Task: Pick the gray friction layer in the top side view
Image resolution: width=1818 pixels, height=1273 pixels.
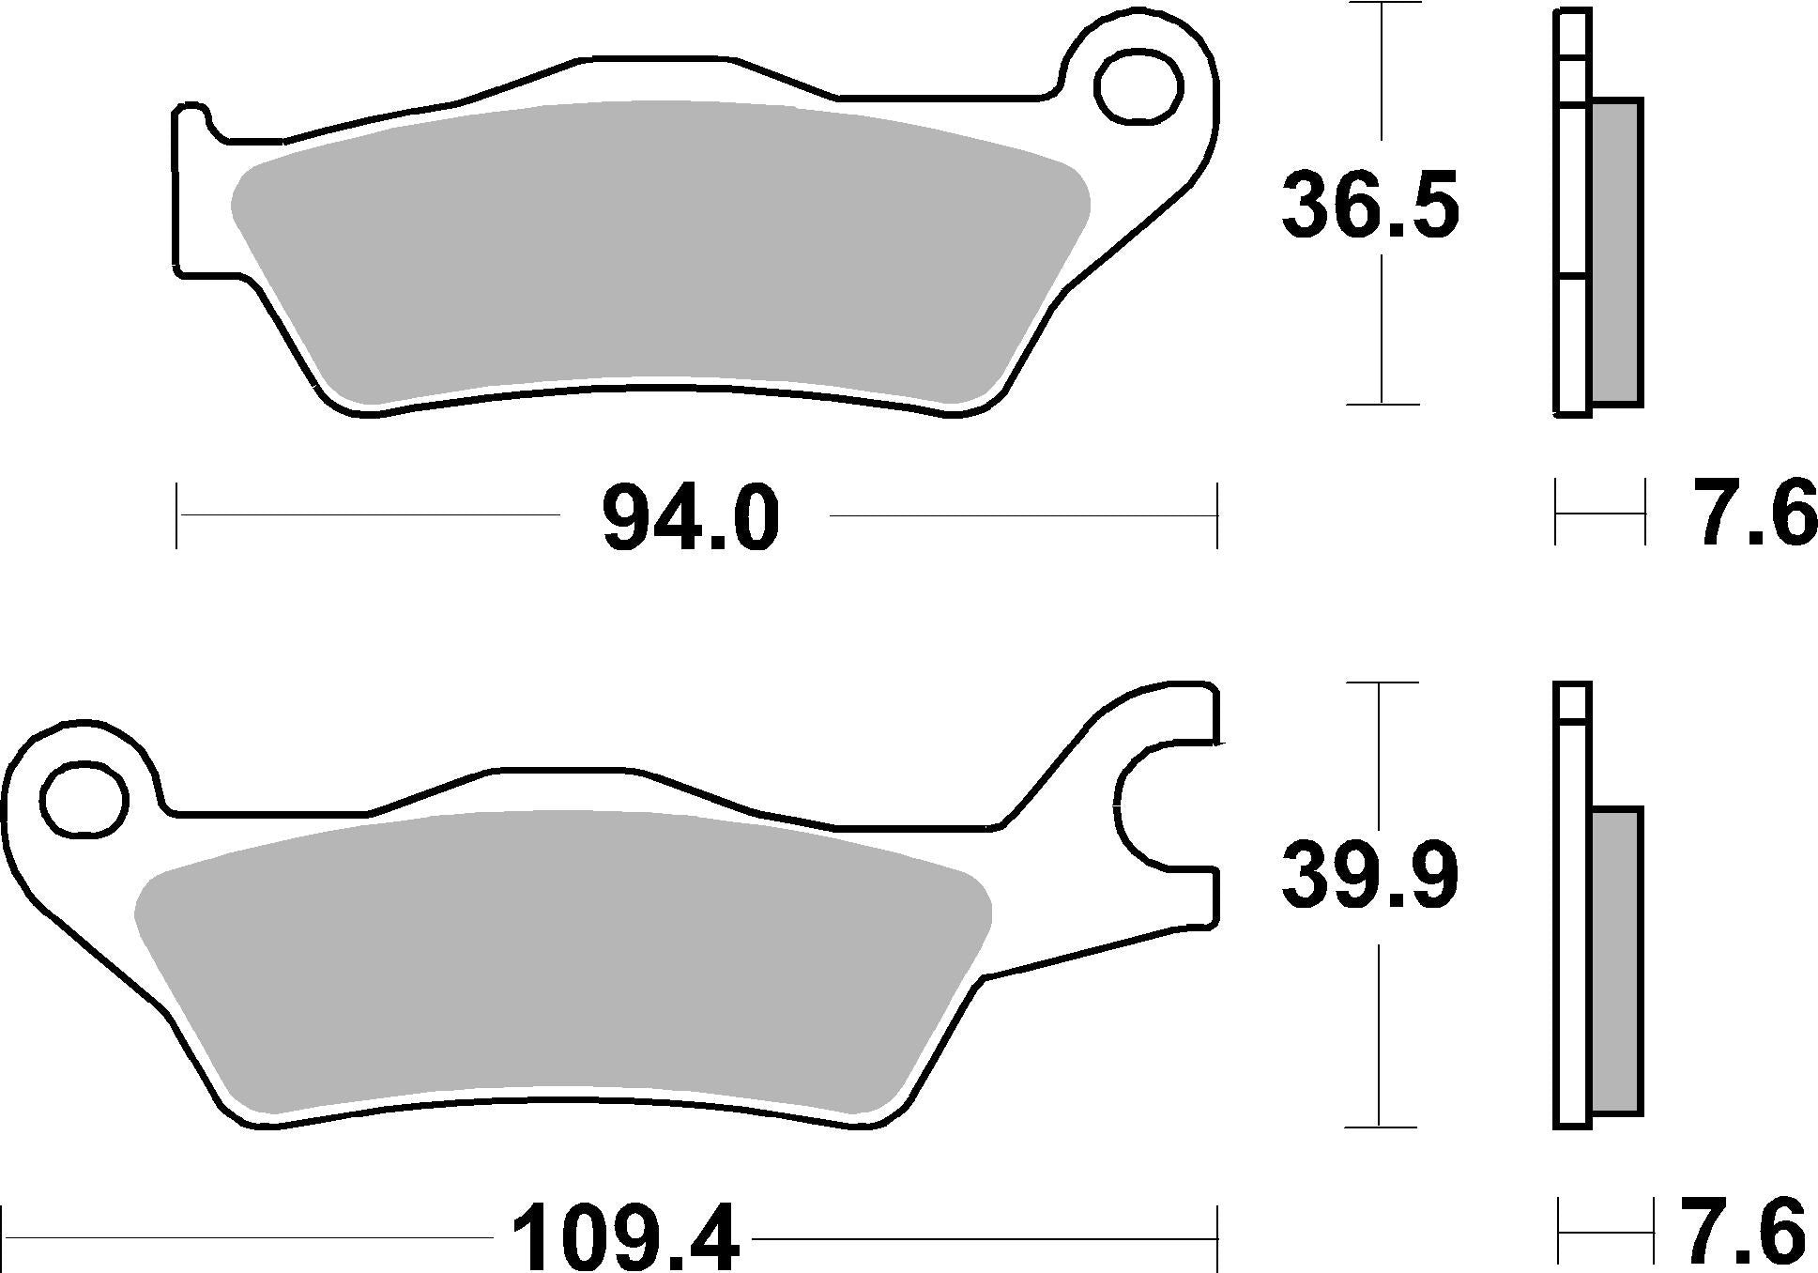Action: point(1616,253)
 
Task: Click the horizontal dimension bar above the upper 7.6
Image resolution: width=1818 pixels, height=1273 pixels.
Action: point(1599,513)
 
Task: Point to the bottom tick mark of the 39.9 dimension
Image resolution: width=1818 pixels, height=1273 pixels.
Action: point(1379,1126)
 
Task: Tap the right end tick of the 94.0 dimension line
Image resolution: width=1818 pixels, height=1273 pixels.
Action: point(1217,515)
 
